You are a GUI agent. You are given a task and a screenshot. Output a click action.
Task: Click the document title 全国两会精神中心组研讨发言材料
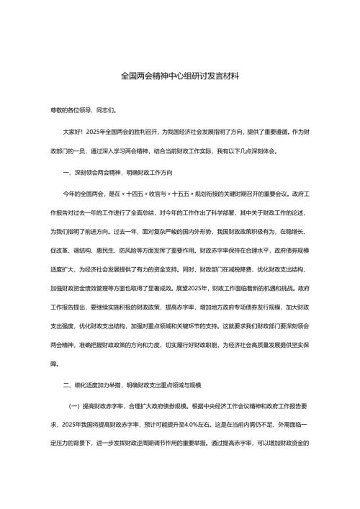[180, 75]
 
